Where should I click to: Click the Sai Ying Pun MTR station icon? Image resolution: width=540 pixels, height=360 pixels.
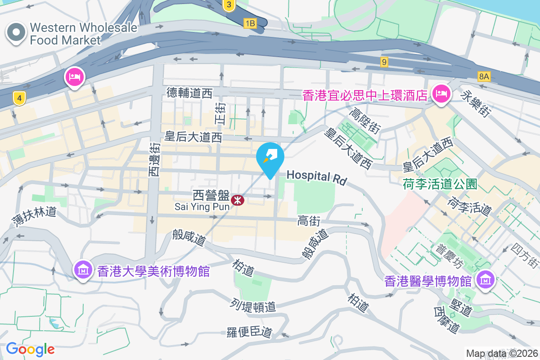[x=237, y=200]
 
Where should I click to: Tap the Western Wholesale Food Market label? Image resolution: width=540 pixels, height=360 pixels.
[x=83, y=34]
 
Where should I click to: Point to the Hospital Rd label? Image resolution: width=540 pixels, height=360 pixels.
[x=316, y=177]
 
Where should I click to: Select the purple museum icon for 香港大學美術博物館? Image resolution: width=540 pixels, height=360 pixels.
[x=84, y=270]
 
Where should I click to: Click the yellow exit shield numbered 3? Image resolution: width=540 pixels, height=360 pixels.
[x=229, y=5]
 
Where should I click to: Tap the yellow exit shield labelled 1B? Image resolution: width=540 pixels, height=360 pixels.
[x=250, y=23]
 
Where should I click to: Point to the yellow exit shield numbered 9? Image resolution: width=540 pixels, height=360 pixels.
[x=384, y=62]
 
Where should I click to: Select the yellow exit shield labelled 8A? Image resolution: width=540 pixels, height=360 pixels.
[x=484, y=76]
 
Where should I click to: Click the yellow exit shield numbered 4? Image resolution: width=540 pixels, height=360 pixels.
[x=18, y=97]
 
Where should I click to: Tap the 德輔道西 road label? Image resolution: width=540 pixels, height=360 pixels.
[x=189, y=93]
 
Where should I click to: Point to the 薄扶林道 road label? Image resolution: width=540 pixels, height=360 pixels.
[x=34, y=216]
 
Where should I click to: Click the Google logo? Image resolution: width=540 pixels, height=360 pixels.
[x=30, y=349]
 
